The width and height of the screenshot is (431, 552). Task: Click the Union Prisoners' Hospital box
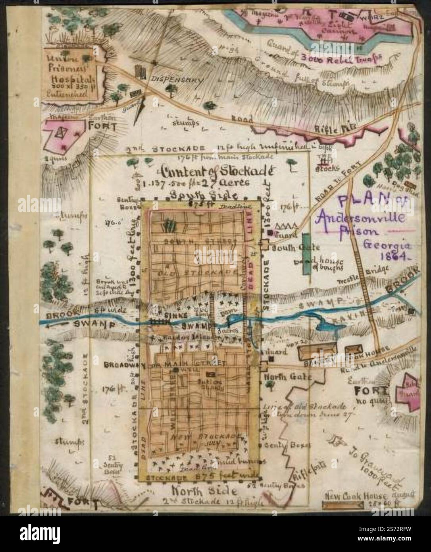[70, 74]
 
